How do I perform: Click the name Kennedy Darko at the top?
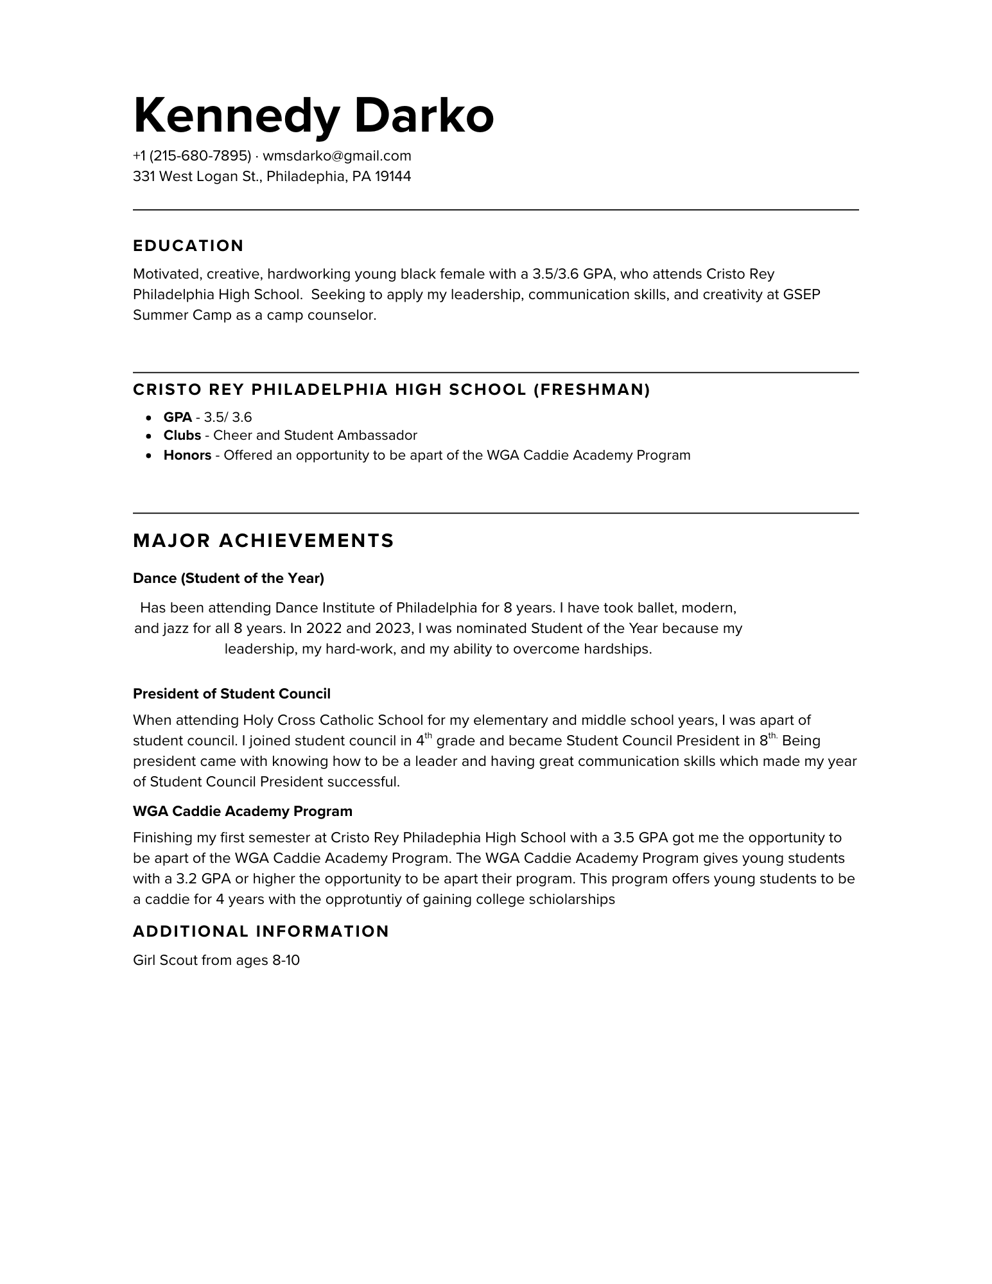(x=313, y=116)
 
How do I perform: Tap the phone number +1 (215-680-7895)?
(x=191, y=156)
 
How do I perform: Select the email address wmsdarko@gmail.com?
(x=337, y=156)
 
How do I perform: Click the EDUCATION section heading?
(x=188, y=246)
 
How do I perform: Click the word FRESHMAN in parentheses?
(x=591, y=390)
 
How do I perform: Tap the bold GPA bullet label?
(x=177, y=417)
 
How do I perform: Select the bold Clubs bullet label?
(x=182, y=435)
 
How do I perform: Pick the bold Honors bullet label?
(x=187, y=455)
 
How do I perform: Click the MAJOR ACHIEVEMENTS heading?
(x=263, y=541)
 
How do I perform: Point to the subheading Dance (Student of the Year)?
(x=229, y=578)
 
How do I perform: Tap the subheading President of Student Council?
(x=232, y=694)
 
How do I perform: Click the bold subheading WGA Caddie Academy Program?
(x=243, y=811)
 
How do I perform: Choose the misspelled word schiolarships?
(x=571, y=899)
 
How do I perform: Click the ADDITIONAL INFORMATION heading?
(x=261, y=932)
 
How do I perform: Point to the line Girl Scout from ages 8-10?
(x=216, y=960)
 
